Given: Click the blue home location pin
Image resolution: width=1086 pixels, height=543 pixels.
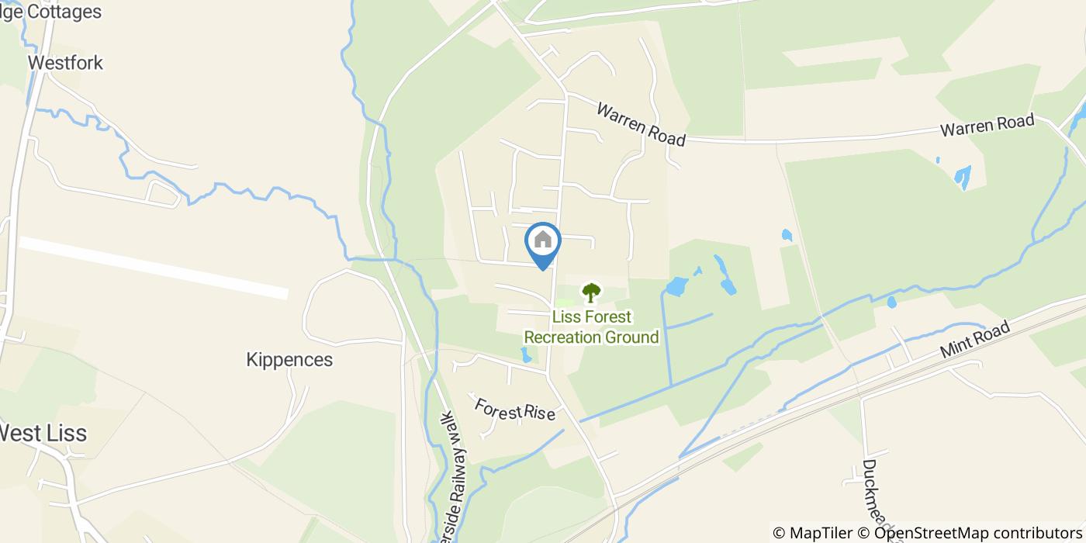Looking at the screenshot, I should click(x=543, y=242).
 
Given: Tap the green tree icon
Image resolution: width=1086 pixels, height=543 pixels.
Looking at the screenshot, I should click(x=591, y=293).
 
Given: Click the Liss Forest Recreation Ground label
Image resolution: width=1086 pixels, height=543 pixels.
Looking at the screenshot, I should click(x=591, y=327).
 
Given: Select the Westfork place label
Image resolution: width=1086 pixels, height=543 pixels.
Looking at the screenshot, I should click(x=65, y=63).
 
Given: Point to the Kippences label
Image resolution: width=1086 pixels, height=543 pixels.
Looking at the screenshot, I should click(x=289, y=360).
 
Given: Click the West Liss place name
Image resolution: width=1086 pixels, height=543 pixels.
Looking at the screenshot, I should click(x=43, y=433).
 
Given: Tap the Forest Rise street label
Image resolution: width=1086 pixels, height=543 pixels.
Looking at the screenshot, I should click(x=515, y=410).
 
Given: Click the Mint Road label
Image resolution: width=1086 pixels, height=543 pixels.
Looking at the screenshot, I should click(x=975, y=340).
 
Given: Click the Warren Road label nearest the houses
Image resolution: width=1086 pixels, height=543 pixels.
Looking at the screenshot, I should click(x=641, y=124).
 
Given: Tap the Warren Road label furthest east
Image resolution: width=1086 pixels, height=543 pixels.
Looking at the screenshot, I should click(x=987, y=124).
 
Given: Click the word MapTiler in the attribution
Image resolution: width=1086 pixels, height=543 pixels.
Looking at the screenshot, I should click(x=821, y=533).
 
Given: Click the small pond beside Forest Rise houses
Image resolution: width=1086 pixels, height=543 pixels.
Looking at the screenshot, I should click(x=527, y=355).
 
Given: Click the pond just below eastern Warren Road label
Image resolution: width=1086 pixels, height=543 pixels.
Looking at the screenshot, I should click(x=963, y=178).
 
